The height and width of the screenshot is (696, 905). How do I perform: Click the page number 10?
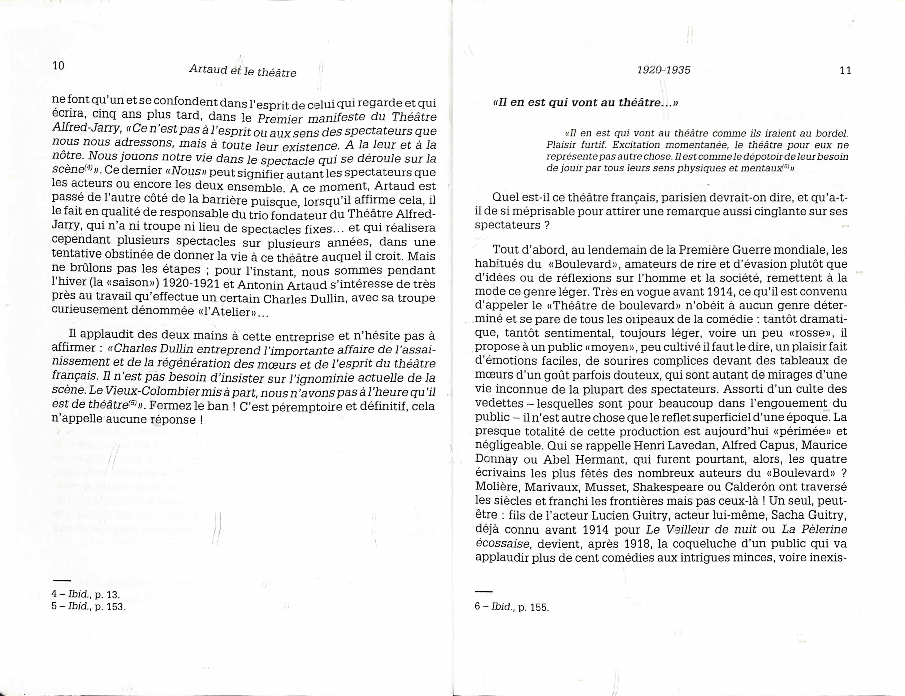58,65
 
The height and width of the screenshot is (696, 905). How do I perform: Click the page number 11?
845,70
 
